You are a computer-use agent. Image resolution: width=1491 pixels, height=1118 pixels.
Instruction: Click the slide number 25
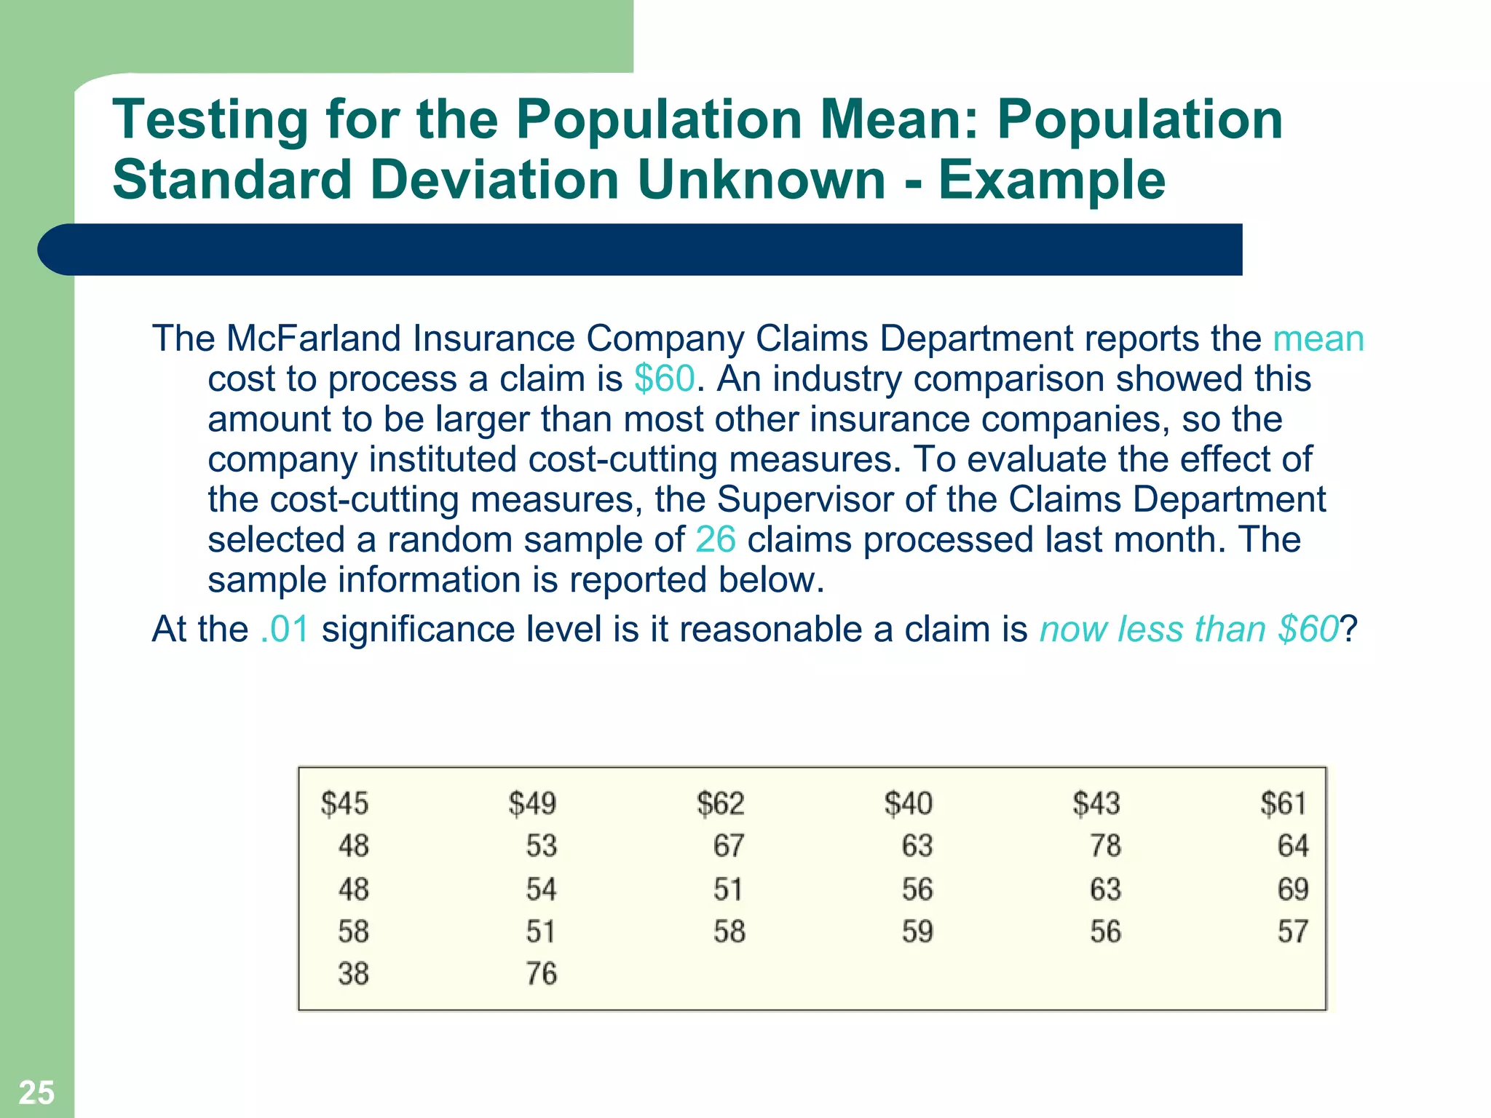[36, 1093]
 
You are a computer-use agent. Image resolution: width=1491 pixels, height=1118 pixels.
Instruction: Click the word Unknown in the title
[761, 180]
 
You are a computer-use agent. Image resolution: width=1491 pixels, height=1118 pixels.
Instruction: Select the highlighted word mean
[1318, 339]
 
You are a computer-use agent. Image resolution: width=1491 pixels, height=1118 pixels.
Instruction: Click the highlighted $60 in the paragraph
[665, 379]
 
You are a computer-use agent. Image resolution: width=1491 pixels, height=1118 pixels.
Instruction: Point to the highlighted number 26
[715, 540]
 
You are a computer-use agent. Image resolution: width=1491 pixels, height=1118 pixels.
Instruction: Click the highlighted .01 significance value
[285, 630]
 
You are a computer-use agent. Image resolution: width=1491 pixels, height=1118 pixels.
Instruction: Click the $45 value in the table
[344, 804]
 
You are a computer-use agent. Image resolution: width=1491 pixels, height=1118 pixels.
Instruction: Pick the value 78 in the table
[1105, 846]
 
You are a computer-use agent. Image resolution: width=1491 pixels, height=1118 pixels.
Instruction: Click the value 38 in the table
[353, 974]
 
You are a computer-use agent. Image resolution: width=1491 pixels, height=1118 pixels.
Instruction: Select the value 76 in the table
[542, 974]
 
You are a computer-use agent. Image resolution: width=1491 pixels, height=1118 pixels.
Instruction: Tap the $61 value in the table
[1284, 804]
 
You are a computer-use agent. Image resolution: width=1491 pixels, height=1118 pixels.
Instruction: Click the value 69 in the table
[1293, 889]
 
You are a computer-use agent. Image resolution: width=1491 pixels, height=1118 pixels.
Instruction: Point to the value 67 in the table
[729, 846]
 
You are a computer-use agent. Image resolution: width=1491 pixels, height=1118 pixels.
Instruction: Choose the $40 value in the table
[908, 804]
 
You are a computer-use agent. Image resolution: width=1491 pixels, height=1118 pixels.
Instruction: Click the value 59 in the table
[917, 932]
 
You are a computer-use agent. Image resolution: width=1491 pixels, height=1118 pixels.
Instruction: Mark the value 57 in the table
[1293, 932]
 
